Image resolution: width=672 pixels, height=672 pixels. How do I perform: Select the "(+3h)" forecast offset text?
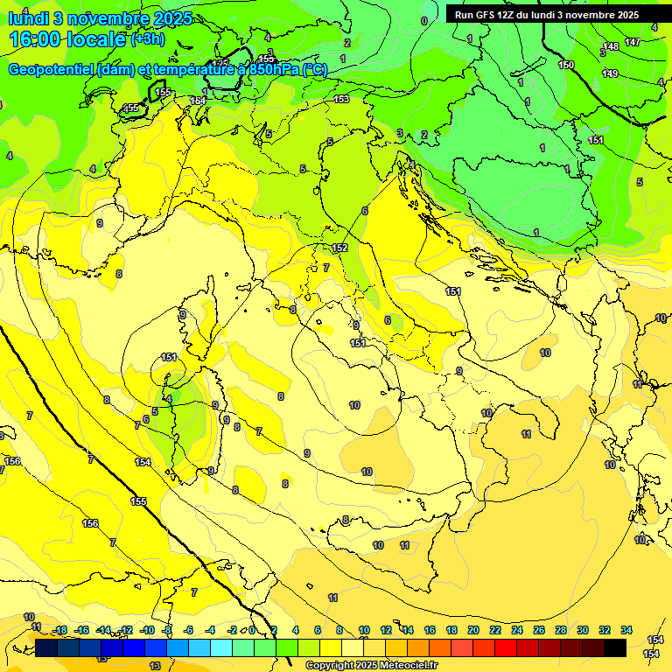pos(148,39)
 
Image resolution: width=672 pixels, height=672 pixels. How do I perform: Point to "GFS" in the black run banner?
pos(485,15)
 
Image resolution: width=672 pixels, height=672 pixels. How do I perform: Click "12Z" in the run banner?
pos(507,15)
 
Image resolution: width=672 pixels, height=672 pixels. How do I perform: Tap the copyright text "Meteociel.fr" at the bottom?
pos(404,666)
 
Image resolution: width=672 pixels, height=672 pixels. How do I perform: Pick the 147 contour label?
pos(633,42)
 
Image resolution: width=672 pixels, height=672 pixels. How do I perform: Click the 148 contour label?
pos(611,46)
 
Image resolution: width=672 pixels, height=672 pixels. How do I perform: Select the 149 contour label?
pos(610,73)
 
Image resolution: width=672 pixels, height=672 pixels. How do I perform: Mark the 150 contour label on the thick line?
pos(567,65)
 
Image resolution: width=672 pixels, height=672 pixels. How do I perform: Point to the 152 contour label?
pos(339,248)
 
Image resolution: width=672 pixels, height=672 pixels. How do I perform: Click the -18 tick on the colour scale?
pos(59,631)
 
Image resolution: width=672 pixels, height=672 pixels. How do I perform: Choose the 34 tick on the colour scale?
pos(626,631)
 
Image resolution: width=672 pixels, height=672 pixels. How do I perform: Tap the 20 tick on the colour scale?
pos(472,631)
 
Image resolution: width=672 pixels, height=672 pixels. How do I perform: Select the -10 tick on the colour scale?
pos(147,631)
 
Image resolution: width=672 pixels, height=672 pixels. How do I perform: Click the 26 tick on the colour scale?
pos(538,631)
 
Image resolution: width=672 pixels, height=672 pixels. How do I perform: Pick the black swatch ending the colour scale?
pos(615,647)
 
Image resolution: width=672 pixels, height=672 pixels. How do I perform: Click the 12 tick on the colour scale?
pos(386,631)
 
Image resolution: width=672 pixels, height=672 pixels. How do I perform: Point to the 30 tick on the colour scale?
pos(582,631)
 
